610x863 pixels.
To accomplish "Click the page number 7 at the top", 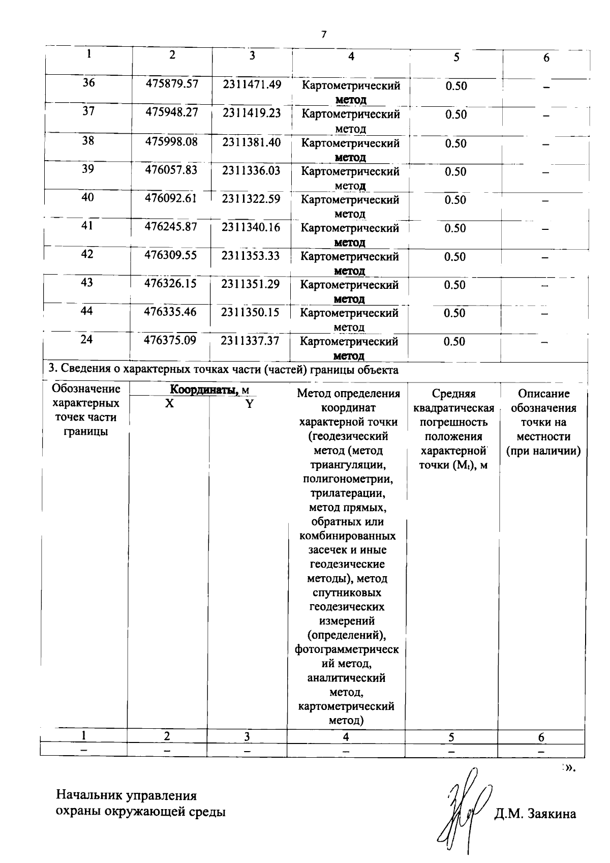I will click(x=323, y=34).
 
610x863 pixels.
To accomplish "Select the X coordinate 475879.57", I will click(x=171, y=83).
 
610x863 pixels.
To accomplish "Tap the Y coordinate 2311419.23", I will click(x=251, y=112).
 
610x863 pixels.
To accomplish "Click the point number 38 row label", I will click(x=88, y=140).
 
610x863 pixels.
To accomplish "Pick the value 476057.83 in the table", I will click(x=171, y=169).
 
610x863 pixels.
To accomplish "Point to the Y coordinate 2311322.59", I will click(x=251, y=198).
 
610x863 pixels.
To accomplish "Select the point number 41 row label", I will click(x=87, y=225).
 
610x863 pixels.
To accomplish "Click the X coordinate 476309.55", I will click(x=170, y=255).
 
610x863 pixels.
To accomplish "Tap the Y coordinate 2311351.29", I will click(x=250, y=283).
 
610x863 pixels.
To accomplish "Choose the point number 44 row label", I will click(x=87, y=311).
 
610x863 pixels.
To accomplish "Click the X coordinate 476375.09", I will click(x=170, y=340).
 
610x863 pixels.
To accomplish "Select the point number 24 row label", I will click(x=87, y=339).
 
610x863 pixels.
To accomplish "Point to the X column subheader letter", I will click(x=169, y=403).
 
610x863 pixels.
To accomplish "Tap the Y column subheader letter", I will click(x=249, y=404).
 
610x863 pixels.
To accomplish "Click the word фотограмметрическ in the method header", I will click(x=347, y=649).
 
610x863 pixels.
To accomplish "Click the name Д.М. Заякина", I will click(x=535, y=814).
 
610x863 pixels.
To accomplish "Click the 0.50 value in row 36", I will click(x=456, y=86).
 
